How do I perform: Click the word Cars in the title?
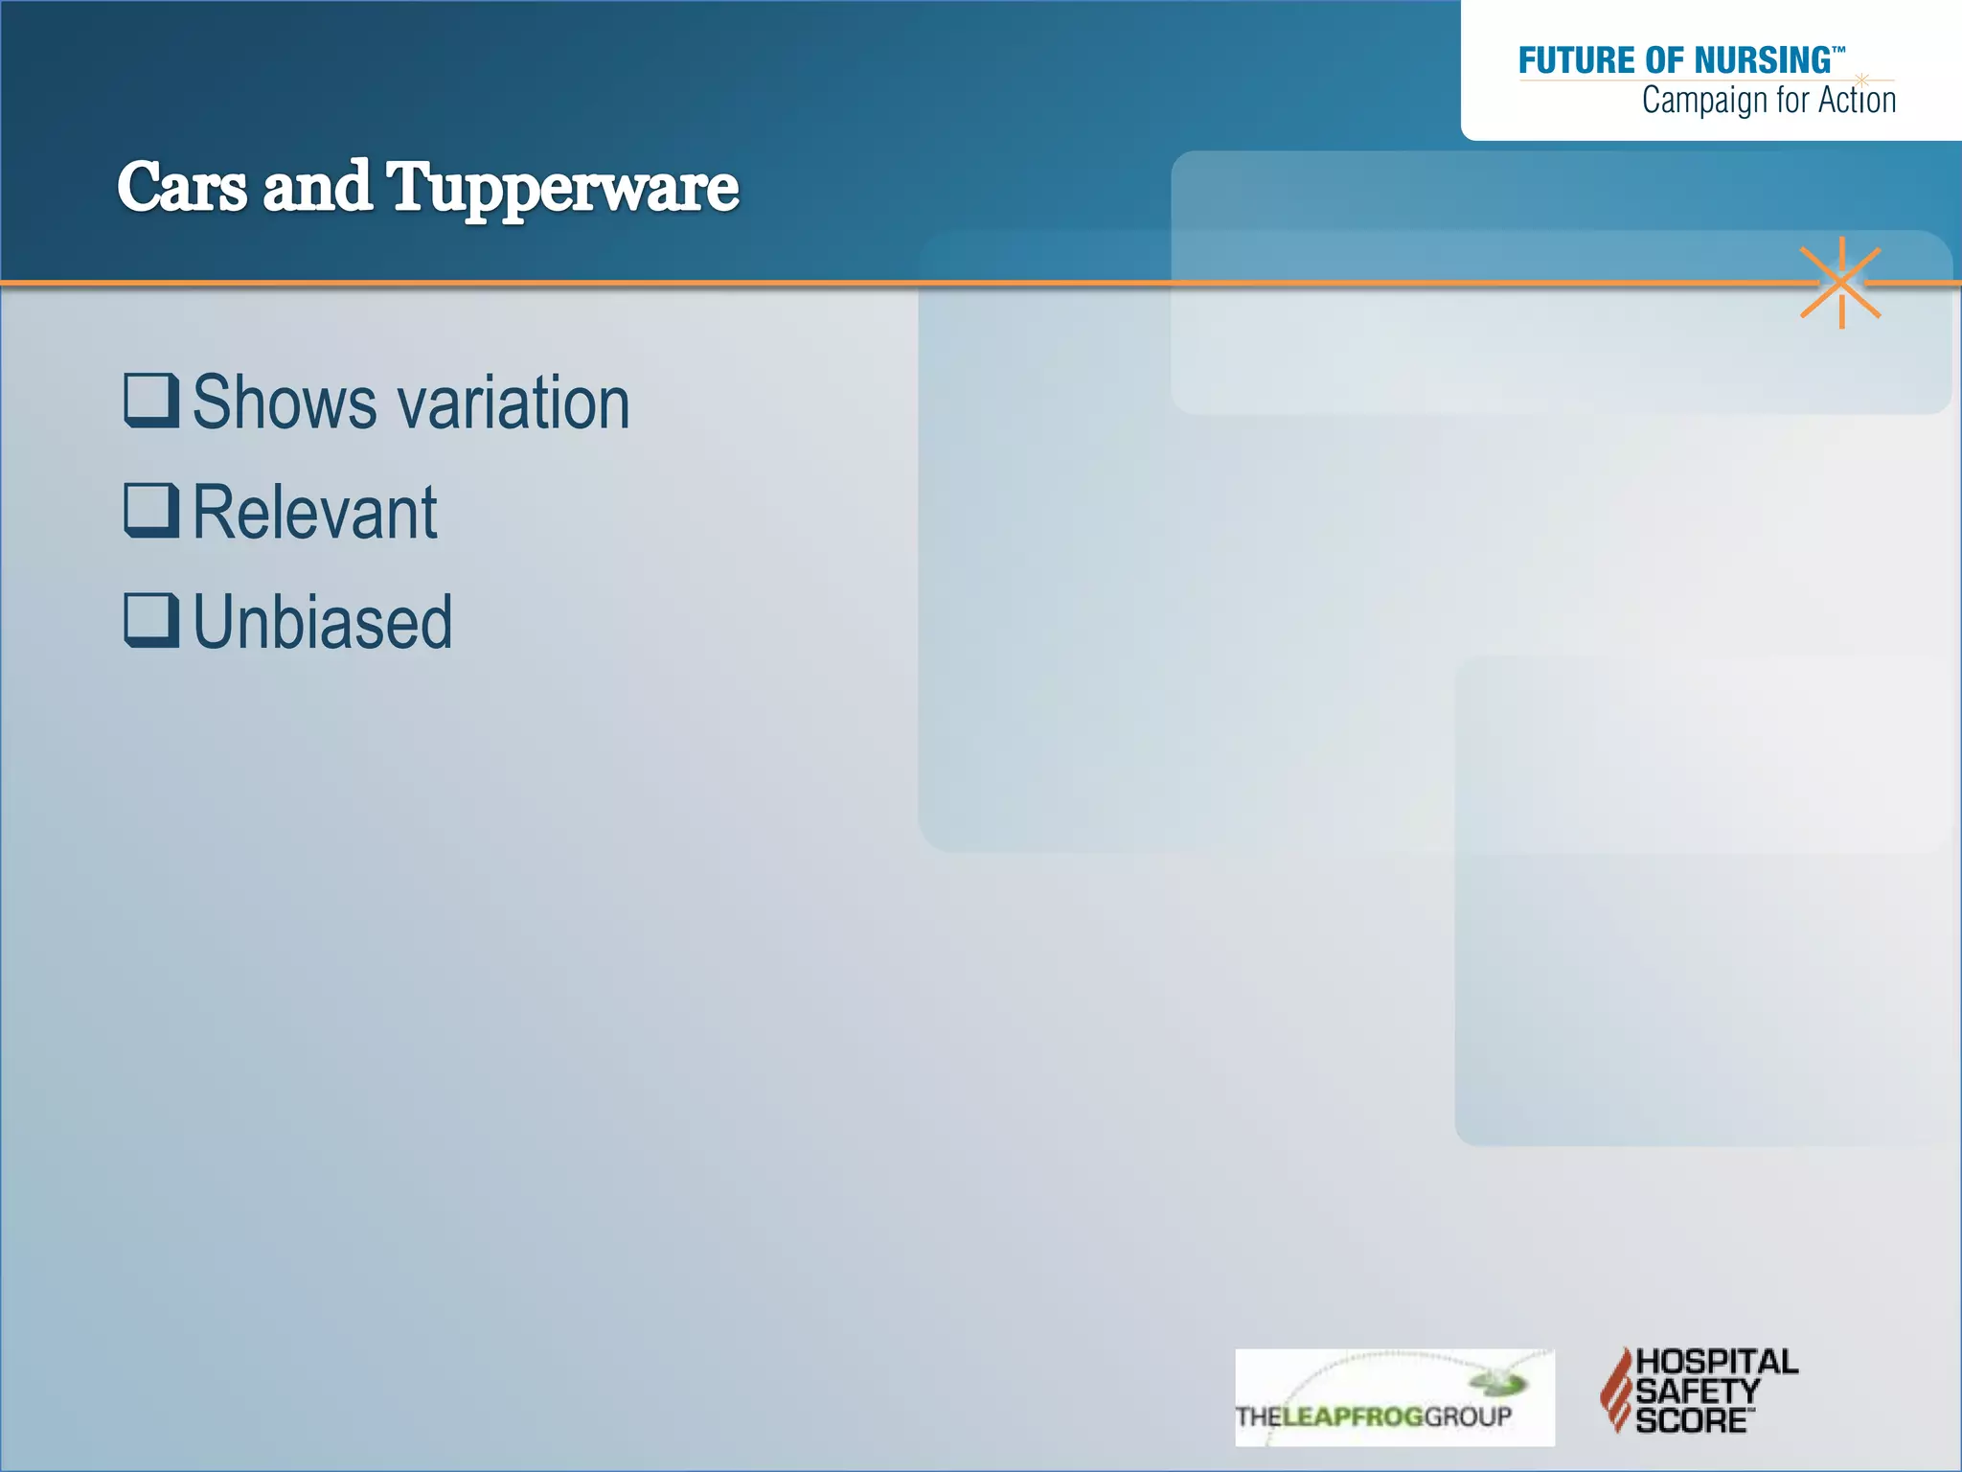(182, 187)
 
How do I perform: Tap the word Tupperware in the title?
(562, 189)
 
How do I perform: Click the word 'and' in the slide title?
(316, 187)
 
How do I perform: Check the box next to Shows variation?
(151, 400)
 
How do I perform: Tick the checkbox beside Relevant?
(151, 510)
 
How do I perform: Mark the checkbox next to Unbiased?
(151, 620)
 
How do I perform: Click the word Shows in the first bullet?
(285, 402)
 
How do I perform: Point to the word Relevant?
(315, 513)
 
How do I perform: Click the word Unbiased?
(323, 623)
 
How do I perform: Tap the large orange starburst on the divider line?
(1840, 283)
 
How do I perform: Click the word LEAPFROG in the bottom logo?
(1353, 1416)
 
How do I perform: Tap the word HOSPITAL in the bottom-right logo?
(1717, 1362)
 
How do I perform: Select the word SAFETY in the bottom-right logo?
(1698, 1391)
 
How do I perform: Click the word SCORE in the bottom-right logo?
(1691, 1420)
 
